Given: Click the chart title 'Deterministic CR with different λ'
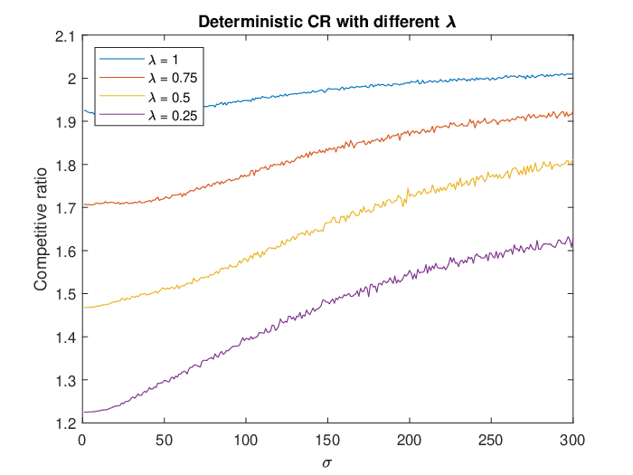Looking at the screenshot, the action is (327, 22).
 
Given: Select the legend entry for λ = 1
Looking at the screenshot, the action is (138, 60).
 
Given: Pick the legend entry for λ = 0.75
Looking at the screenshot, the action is (148, 78).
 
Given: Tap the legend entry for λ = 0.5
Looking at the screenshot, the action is (145, 98).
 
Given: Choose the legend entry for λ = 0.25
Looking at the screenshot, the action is (148, 116).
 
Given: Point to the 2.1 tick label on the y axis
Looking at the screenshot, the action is (64, 36).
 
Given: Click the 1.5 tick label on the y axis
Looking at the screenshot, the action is (65, 294).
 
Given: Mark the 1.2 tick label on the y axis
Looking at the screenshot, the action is (65, 423).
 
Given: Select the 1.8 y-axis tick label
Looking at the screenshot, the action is (65, 166).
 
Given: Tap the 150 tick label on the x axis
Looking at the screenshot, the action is (327, 440).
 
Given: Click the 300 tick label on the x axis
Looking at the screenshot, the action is (572, 440).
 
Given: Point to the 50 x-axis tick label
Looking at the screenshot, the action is (164, 440).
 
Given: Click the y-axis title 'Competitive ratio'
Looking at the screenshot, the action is (41, 229).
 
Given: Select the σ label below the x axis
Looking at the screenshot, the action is (327, 462).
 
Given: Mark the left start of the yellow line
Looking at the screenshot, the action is (84, 308).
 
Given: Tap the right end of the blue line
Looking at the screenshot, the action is (572, 74).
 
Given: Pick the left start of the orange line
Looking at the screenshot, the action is (84, 204).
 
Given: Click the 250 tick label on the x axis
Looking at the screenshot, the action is (491, 440).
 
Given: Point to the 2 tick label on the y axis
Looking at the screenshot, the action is (71, 80).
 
